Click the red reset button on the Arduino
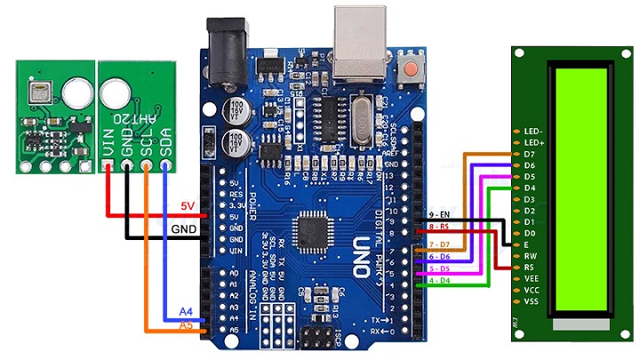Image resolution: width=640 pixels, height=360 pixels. click(412, 68)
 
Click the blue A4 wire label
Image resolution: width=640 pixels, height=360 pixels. click(186, 312)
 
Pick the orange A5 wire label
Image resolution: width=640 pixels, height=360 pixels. click(186, 325)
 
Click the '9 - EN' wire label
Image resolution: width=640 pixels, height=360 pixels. click(439, 215)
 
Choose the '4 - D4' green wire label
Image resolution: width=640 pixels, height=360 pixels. click(440, 282)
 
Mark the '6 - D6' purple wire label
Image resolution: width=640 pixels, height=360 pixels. click(440, 256)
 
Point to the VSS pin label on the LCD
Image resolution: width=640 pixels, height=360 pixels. click(532, 301)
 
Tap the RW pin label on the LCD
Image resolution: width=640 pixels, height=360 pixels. click(531, 256)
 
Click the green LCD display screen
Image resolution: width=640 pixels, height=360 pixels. click(583, 192)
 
